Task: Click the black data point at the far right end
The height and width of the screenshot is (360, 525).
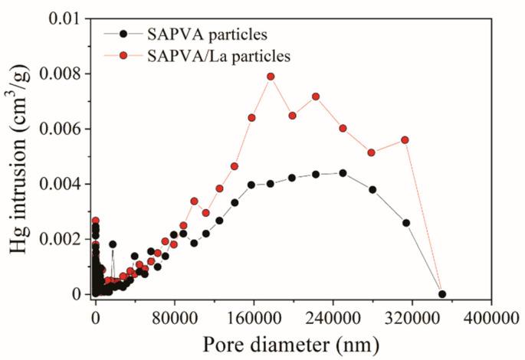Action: pos(442,294)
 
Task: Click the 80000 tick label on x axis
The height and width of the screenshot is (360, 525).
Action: pos(174,315)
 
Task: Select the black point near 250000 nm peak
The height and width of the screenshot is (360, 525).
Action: pos(343,173)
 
